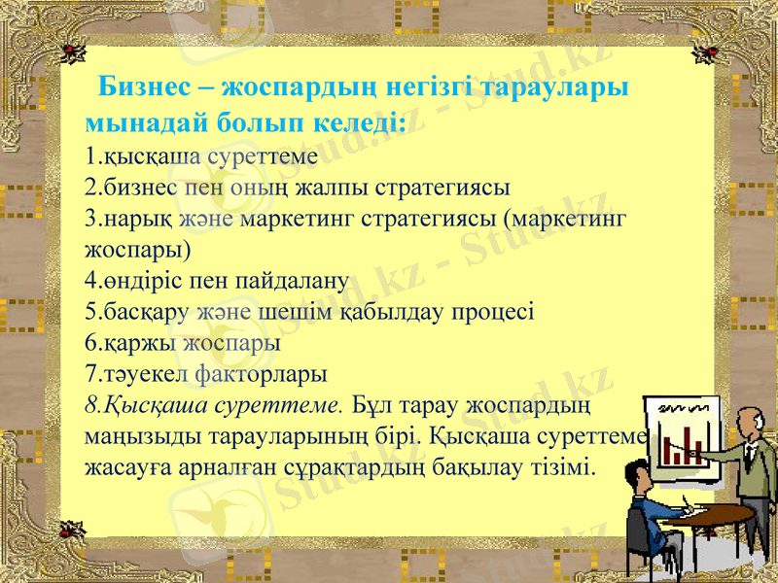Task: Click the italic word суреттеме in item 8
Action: click(x=279, y=405)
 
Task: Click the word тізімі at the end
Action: click(x=568, y=467)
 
